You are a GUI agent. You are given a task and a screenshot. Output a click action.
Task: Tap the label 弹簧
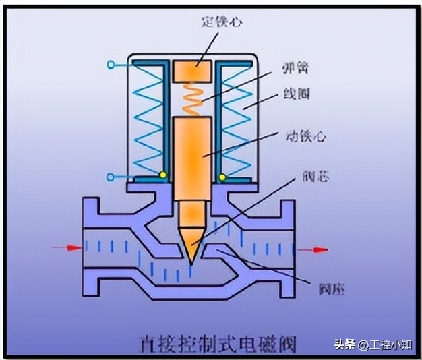pyautogui.click(x=295, y=69)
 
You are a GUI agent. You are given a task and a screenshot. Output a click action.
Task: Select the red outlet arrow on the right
pyautogui.click(x=314, y=249)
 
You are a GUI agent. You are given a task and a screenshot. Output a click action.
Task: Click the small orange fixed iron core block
pyautogui.click(x=193, y=69)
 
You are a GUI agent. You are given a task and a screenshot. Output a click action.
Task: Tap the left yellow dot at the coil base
pyautogui.click(x=163, y=175)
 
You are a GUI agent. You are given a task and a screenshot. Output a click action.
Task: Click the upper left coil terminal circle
pyautogui.click(x=110, y=65)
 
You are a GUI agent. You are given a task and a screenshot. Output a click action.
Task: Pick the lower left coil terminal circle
pyautogui.click(x=110, y=177)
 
